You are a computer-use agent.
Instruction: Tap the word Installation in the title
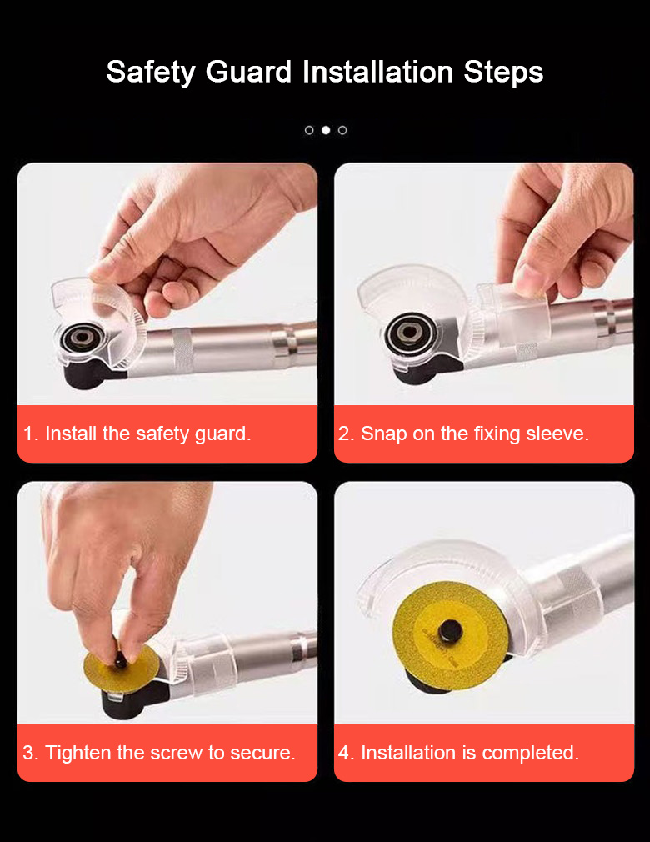tap(377, 72)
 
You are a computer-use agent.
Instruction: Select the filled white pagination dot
tap(326, 130)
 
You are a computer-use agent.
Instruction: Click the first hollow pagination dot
tap(309, 130)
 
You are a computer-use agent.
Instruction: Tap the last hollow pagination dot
tap(342, 130)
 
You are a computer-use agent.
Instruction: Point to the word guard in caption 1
tap(222, 434)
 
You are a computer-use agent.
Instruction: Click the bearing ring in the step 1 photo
tap(82, 338)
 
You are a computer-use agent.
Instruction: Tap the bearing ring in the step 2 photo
tap(409, 333)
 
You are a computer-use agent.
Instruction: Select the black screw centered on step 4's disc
tap(450, 632)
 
